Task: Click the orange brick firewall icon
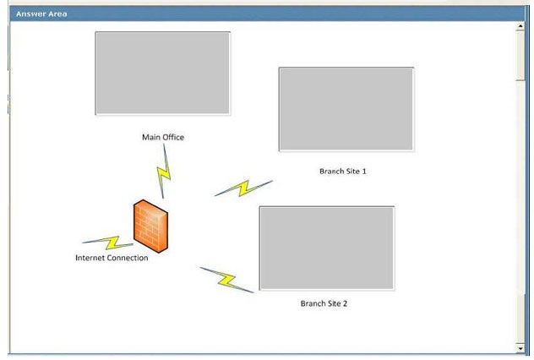pos(151,226)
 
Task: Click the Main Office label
pos(163,137)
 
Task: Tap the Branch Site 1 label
pos(343,172)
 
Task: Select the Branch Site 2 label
pos(324,303)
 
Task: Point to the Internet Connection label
pos(112,258)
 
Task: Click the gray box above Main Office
pos(163,74)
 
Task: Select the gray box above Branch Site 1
pos(346,109)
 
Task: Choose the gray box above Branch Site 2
pos(327,248)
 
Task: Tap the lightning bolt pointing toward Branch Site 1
pos(244,188)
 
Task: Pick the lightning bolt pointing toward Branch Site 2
pos(226,280)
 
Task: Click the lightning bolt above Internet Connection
pos(108,243)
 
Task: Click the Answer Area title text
pos(41,14)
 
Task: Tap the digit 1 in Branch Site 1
pos(364,172)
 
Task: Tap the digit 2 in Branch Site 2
pos(345,303)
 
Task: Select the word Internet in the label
pos(90,258)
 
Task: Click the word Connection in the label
pos(128,258)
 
